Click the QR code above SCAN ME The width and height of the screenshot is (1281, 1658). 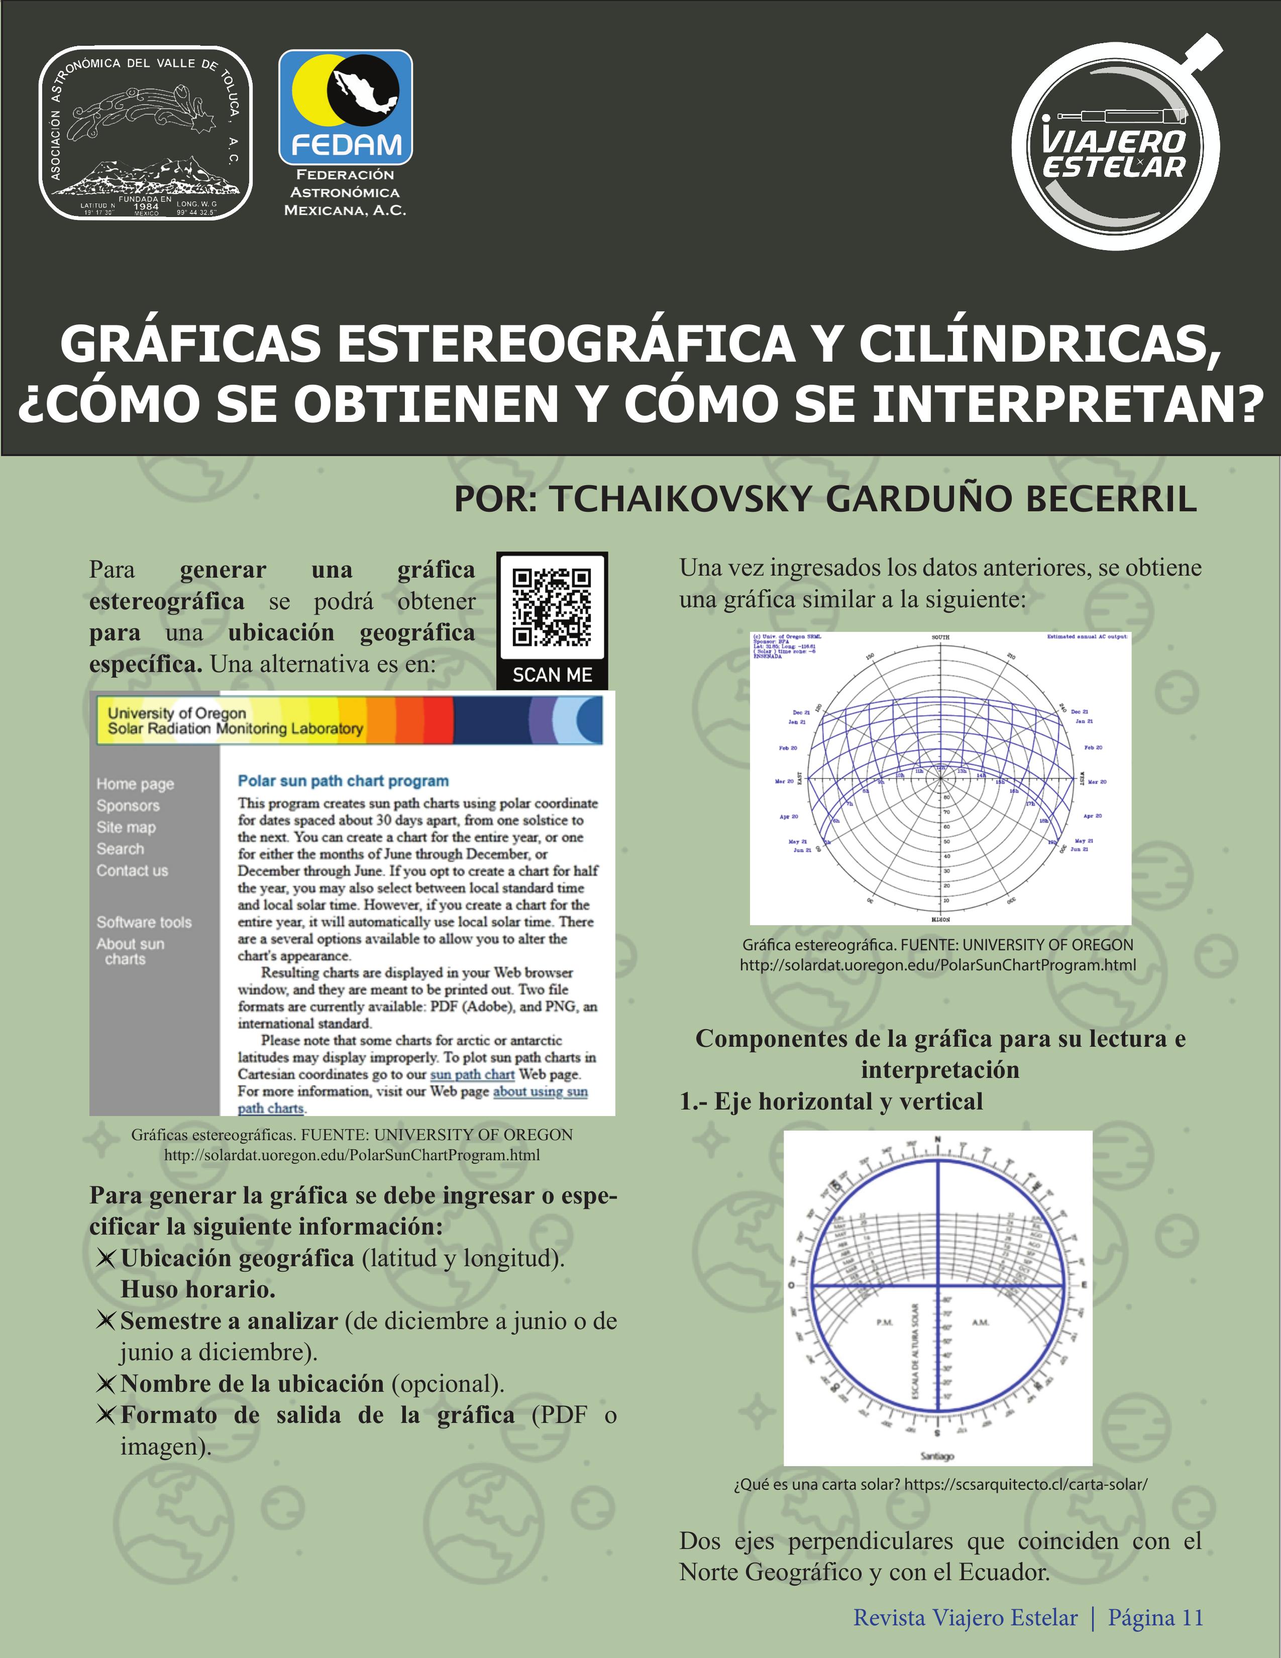pos(552,607)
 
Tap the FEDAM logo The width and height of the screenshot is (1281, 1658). pos(346,108)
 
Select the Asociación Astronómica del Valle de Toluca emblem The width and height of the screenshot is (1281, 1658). pos(146,134)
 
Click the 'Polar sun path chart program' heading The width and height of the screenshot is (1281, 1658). pos(343,781)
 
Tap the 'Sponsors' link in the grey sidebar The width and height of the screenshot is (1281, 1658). pos(128,806)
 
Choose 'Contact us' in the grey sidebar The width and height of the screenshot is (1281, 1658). pos(132,871)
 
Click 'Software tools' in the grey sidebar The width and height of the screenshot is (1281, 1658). pos(144,922)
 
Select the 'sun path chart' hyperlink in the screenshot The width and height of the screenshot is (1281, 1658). pos(472,1074)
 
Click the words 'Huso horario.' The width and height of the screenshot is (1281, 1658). pos(197,1289)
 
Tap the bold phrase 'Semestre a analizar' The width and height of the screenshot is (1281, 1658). pos(229,1321)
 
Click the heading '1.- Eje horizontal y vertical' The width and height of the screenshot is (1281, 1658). pos(831,1101)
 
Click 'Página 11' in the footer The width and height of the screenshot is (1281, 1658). pos(1156,1618)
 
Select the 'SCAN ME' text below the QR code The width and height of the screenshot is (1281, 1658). pos(552,675)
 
